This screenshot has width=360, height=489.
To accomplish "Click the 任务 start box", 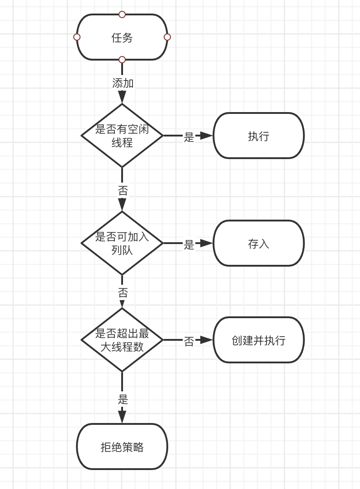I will coord(122,38).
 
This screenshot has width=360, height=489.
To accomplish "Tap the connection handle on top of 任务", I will coord(122,14).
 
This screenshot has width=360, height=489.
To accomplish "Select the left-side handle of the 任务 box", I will coord(77,37).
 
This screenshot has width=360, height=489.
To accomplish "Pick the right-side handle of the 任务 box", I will coord(167,37).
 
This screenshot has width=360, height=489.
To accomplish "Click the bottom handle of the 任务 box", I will coord(122,60).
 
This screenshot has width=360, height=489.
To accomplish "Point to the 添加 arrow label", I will coord(123,83).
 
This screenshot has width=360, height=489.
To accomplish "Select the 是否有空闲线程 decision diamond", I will coord(122,136).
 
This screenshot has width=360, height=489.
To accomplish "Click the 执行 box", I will coord(259,136).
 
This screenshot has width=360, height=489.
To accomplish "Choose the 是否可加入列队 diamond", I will coord(122,243).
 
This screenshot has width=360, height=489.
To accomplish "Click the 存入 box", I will coord(259,244).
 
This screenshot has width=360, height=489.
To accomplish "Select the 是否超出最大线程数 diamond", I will coord(122,340).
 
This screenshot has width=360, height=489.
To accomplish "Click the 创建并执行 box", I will coord(259,340).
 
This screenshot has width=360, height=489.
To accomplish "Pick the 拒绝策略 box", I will coord(122,447).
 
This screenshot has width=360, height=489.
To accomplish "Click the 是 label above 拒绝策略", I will coord(123,400).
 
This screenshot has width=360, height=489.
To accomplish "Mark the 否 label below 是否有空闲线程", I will coord(123,190).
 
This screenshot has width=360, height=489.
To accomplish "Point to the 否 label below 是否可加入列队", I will coord(123,292).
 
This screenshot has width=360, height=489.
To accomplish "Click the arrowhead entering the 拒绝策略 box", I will coord(122,417).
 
